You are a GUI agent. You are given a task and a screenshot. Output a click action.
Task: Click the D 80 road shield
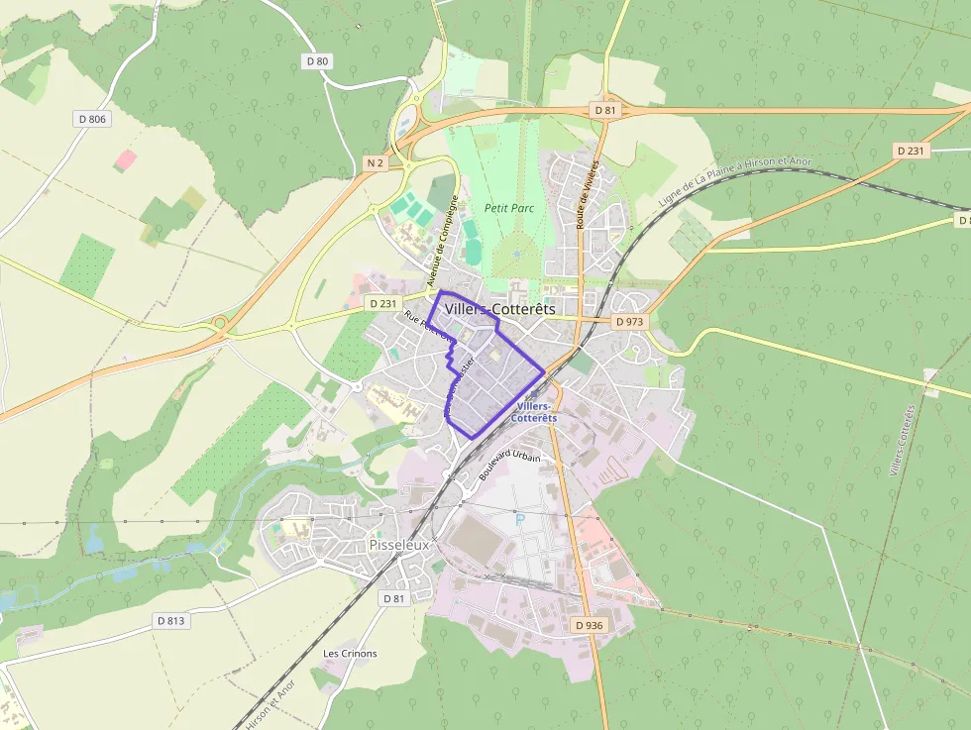click(317, 61)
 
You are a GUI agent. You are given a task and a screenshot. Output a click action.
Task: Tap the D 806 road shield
click(92, 119)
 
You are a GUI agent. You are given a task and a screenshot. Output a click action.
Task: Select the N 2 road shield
click(374, 162)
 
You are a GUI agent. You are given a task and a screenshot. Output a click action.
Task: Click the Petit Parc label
click(509, 208)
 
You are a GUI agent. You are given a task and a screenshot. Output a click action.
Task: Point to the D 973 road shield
click(629, 322)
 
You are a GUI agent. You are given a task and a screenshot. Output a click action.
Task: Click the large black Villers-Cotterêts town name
click(500, 309)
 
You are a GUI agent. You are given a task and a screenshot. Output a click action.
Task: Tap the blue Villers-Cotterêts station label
click(535, 412)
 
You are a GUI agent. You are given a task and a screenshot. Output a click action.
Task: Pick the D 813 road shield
click(170, 621)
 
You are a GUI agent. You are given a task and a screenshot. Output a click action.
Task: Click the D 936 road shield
click(588, 625)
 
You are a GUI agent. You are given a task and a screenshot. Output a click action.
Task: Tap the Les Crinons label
click(350, 654)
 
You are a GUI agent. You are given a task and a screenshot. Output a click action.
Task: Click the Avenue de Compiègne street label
click(443, 241)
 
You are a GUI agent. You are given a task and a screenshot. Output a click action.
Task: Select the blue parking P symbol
click(519, 520)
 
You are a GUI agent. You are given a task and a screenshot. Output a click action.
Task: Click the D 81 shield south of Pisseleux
click(393, 598)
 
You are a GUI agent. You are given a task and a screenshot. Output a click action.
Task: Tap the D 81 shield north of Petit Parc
click(605, 111)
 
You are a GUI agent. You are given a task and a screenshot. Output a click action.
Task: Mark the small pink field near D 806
click(126, 158)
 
